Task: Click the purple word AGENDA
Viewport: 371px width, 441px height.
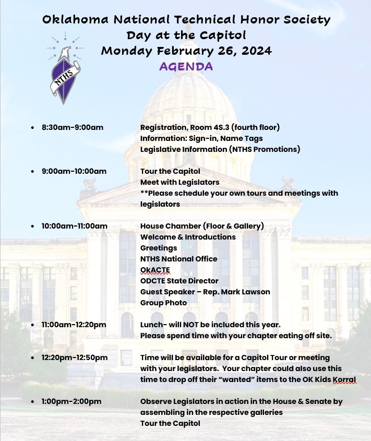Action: click(x=186, y=66)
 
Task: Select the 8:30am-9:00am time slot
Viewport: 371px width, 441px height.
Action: click(x=73, y=127)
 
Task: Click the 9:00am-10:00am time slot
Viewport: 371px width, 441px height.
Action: click(x=74, y=171)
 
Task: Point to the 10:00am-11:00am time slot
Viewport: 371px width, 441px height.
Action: click(x=75, y=226)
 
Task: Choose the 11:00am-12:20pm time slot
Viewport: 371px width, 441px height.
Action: click(x=74, y=325)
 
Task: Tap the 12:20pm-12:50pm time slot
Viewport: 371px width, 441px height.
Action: click(x=75, y=357)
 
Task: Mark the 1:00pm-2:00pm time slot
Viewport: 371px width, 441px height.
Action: click(x=71, y=401)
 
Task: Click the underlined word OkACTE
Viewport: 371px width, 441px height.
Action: click(x=155, y=270)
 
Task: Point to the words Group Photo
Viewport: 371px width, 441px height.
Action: click(x=163, y=303)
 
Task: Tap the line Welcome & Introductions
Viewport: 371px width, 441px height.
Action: click(x=188, y=237)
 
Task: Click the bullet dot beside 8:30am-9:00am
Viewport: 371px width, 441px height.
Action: click(x=33, y=128)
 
